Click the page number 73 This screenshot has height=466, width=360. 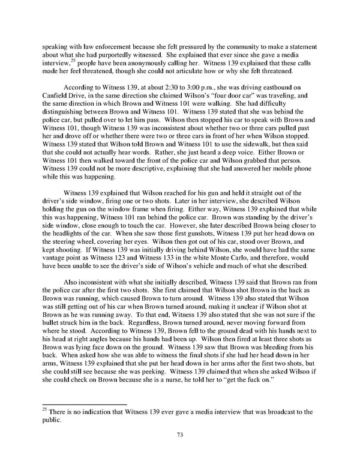coord(180,435)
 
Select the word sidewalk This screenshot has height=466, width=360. coord(256,153)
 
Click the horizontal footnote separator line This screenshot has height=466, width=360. coord(84,404)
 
